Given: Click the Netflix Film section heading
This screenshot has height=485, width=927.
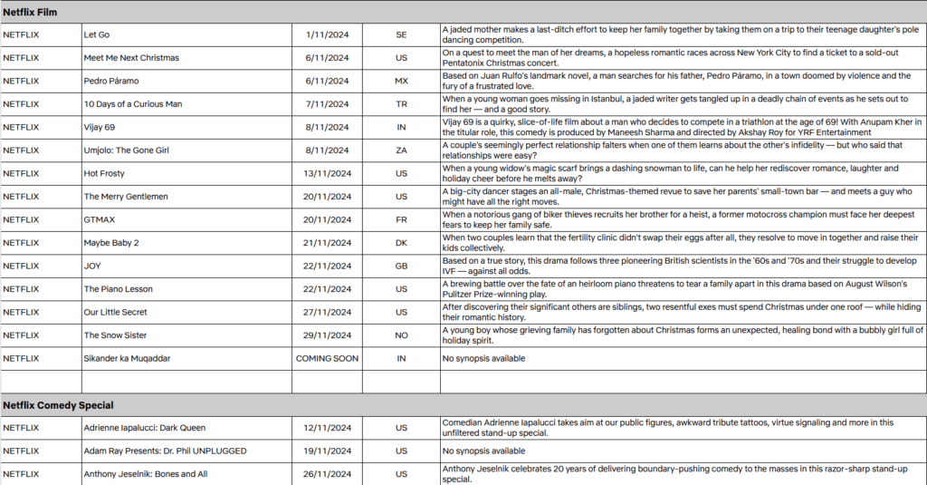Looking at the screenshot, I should coord(32,11).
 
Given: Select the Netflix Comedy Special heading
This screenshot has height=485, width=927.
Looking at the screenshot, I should coord(57,405).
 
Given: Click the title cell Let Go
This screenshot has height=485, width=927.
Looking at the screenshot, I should coord(97,34).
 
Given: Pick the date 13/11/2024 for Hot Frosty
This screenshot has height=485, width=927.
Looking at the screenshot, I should coord(327,173).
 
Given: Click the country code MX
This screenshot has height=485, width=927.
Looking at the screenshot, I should coord(401,81).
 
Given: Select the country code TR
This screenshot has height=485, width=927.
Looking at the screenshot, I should coord(401,104).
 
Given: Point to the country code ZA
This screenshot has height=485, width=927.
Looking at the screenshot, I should coord(401,150).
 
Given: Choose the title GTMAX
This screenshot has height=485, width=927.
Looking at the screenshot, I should coord(100,219).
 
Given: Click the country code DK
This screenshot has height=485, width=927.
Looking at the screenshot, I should coord(401,243).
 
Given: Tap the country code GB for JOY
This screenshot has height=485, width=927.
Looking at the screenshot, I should coord(401,266).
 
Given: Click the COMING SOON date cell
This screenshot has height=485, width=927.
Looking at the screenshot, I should coord(327,358).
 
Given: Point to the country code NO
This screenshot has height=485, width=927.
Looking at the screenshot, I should coord(401,335).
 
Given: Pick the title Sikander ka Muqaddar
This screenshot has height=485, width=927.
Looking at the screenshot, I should coord(126,358).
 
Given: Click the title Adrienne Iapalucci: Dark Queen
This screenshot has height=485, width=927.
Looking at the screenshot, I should coord(145,428).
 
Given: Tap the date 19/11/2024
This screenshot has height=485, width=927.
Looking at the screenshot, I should coord(327,451).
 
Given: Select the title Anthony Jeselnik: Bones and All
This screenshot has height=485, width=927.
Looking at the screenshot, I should coord(146,473).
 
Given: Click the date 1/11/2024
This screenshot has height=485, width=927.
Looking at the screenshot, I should coord(327,34).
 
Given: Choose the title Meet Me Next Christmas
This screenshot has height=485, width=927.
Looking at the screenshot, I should coord(131,58).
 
